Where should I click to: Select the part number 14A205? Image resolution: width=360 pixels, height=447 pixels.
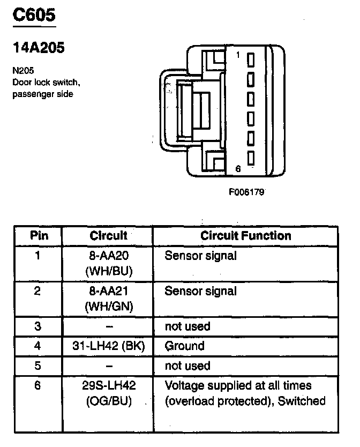[39, 48]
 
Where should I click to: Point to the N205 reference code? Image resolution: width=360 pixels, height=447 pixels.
[23, 70]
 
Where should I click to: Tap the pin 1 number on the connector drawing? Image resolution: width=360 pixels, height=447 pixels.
[238, 55]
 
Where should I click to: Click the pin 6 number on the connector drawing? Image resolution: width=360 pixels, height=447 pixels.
[238, 169]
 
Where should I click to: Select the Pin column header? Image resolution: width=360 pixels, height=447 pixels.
[39, 236]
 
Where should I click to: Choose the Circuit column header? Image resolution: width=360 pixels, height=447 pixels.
[108, 236]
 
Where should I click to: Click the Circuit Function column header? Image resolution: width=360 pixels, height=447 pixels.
[246, 236]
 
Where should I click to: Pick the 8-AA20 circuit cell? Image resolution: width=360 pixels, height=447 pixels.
[109, 256]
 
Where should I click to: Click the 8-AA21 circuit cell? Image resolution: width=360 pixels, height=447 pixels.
[109, 292]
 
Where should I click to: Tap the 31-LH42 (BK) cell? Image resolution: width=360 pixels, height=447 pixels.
[109, 346]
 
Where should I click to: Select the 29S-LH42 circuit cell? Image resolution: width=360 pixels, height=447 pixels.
[109, 386]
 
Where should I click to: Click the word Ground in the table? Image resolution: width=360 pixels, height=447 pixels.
[184, 346]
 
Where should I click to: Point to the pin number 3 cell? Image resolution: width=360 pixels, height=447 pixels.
[37, 326]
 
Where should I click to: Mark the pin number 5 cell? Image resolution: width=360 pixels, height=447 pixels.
[37, 366]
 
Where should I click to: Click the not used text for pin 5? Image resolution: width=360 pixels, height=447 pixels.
[187, 366]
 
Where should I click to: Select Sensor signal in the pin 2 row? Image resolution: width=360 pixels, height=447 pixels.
[200, 292]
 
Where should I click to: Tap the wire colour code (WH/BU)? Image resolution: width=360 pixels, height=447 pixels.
[109, 271]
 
